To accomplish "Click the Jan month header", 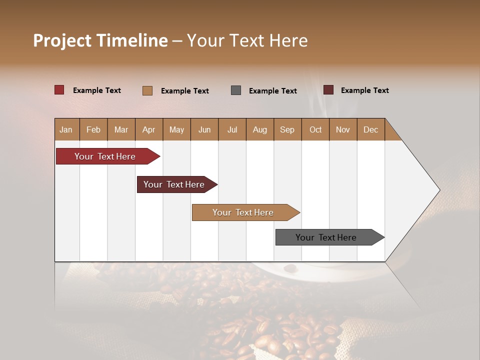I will tap(66, 129).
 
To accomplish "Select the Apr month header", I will tap(148, 129).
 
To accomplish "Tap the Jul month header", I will tap(232, 129).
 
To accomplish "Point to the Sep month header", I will tap(287, 129).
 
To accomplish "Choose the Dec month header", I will tap(370, 129).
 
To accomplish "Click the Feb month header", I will tap(93, 129).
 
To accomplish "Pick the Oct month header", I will tap(315, 129).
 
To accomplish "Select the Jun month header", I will tap(204, 129).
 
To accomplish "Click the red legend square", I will tap(59, 90).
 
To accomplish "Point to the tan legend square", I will tap(147, 90).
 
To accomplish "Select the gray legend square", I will tap(236, 90).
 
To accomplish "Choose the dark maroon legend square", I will tap(328, 90).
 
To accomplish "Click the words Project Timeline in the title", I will tap(100, 40).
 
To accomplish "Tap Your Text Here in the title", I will tap(247, 40).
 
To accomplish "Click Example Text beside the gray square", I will tap(273, 91).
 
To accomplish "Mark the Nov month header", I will tap(343, 129).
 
